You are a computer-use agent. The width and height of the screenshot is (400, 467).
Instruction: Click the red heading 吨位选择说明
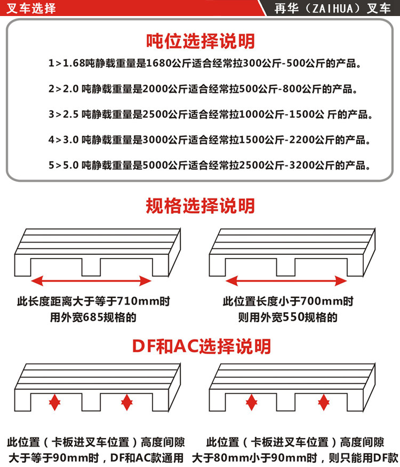(200, 41)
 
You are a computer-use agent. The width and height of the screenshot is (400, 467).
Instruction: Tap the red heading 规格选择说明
(200, 206)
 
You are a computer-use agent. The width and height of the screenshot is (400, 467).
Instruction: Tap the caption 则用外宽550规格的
(288, 317)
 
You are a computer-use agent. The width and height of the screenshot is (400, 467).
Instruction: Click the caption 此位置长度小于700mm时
(288, 301)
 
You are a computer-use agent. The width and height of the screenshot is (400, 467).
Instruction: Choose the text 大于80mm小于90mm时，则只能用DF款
(295, 458)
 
